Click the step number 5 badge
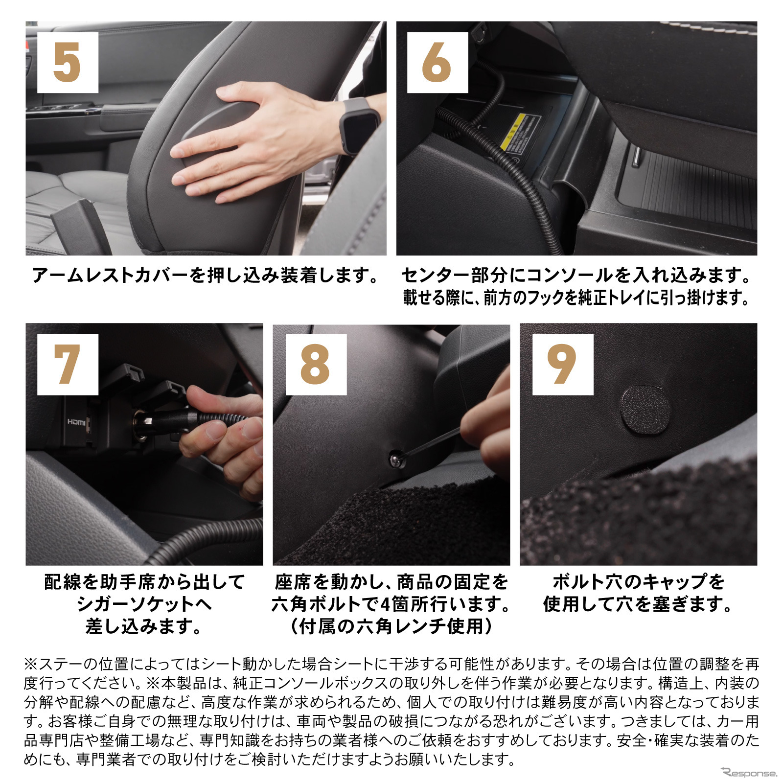point(68,62)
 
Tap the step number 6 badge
point(438,62)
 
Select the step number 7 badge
point(68,365)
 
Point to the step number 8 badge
point(316,365)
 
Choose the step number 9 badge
point(563,365)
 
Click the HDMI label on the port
point(76,422)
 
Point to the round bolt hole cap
point(645,410)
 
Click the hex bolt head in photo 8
point(394,459)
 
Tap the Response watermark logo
point(749,773)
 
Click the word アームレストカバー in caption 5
point(111,276)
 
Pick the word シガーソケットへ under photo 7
point(144,604)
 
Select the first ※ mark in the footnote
point(31,665)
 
